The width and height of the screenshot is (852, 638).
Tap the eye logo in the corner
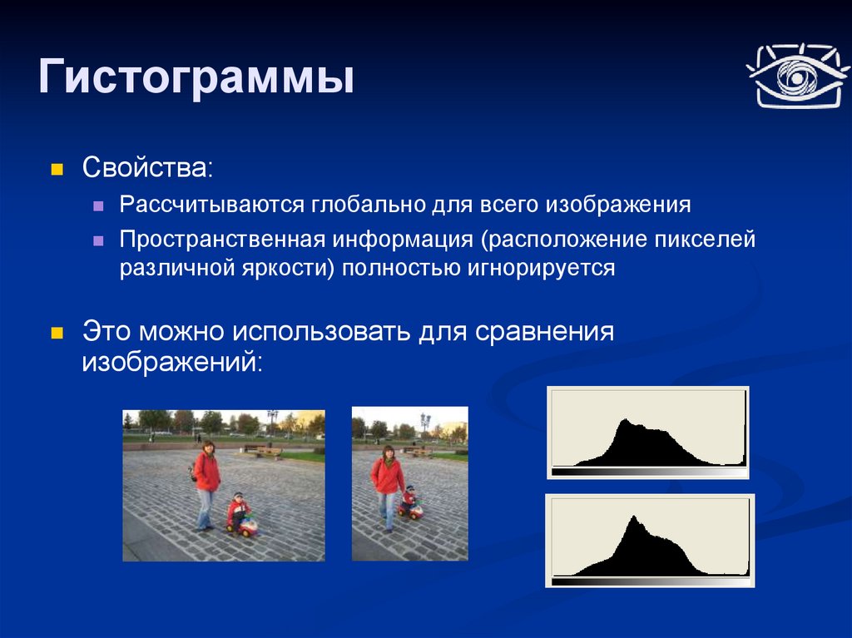(x=797, y=76)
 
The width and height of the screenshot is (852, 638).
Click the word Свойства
(x=144, y=167)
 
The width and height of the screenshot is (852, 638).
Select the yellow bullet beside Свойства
(x=57, y=169)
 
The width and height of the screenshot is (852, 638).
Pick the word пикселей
(x=705, y=239)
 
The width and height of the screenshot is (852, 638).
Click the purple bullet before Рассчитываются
(x=98, y=206)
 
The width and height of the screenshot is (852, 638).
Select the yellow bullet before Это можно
(x=57, y=333)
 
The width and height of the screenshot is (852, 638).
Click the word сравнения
(x=544, y=332)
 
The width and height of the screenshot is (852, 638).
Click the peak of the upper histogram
(x=626, y=419)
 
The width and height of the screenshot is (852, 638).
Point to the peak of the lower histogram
(x=633, y=517)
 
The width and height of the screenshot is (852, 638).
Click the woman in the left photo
(x=206, y=485)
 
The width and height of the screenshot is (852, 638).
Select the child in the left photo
(x=237, y=510)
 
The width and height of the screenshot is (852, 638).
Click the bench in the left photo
(x=263, y=451)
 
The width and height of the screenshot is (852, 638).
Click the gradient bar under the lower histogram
(x=650, y=581)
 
